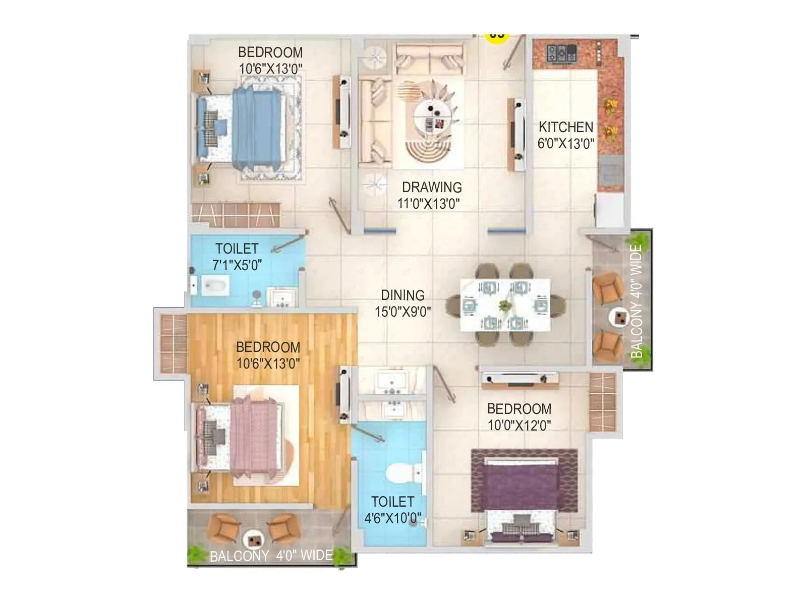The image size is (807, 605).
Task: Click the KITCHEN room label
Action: tap(565, 127)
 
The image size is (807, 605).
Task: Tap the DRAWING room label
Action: tap(431, 187)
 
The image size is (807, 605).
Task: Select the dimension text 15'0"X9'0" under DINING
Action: tap(402, 312)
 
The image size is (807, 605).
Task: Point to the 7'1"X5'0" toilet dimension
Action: tap(237, 265)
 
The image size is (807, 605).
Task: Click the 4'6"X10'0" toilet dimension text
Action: tap(393, 518)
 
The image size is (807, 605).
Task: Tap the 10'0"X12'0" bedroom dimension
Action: tap(519, 425)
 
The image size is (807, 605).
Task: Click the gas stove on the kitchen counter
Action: tap(561, 52)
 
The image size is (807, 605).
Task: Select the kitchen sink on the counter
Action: tap(610, 171)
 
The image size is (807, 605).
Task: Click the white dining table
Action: tap(505, 305)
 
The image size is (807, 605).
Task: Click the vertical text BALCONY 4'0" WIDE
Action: tap(637, 301)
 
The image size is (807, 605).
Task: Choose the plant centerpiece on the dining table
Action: tap(504, 305)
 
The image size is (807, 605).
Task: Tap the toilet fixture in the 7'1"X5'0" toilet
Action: tap(214, 286)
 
